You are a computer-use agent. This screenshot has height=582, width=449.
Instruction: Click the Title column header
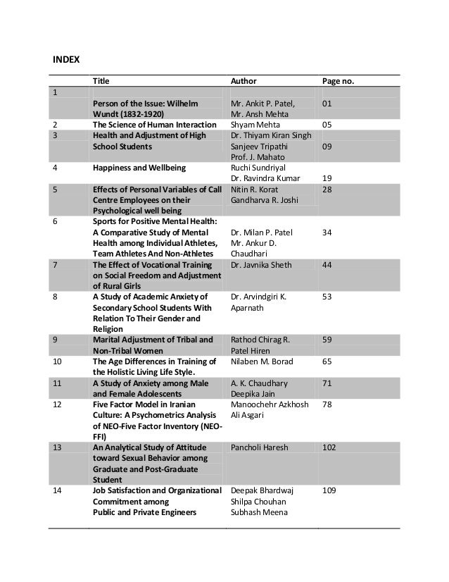click(101, 81)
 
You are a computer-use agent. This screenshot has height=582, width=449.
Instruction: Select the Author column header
click(244, 81)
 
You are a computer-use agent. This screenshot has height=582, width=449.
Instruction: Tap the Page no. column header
click(338, 81)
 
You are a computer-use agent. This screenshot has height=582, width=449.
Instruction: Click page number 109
click(329, 490)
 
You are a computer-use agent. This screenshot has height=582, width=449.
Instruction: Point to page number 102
click(329, 446)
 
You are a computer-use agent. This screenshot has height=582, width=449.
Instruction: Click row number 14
click(58, 490)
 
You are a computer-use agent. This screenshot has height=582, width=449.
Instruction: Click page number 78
click(327, 404)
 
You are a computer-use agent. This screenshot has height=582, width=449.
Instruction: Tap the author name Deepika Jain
click(253, 393)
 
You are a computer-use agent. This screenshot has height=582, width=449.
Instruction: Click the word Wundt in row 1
click(106, 113)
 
